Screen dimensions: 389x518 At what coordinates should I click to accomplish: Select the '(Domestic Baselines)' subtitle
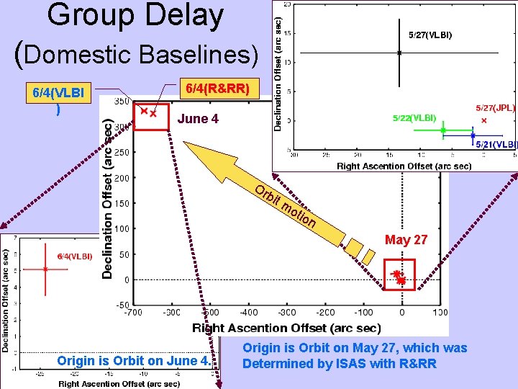point(136,53)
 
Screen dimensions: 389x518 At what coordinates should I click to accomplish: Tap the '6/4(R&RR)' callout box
point(217,89)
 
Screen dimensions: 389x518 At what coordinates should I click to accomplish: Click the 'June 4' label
point(198,119)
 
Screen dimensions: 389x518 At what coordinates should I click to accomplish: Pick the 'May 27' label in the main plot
point(406,240)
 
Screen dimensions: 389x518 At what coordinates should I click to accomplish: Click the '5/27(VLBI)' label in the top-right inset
point(430,35)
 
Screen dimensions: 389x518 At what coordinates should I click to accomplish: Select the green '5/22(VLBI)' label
point(414,117)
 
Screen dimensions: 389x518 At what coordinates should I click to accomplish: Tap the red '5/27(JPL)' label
point(495,107)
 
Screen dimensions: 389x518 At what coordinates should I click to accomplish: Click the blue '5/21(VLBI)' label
point(496,144)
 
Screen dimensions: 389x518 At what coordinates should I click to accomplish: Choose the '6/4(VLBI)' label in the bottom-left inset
point(74,256)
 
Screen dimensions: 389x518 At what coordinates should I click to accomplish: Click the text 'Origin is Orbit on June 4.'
point(134,361)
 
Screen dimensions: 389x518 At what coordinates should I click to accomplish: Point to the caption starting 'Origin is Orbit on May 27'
point(354,356)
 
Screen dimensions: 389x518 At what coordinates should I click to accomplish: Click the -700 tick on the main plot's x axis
point(132,313)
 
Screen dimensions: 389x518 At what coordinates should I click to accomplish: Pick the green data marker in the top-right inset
point(443,130)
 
